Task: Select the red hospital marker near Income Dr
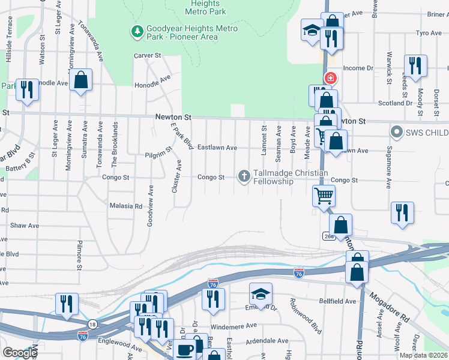(330, 79)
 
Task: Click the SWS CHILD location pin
(396, 131)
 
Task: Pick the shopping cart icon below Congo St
(324, 195)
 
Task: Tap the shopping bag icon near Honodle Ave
(80, 80)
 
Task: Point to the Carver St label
(148, 55)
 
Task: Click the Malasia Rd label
(125, 206)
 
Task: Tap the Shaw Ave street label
(25, 226)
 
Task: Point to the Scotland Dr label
(397, 103)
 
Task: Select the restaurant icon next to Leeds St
(415, 64)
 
